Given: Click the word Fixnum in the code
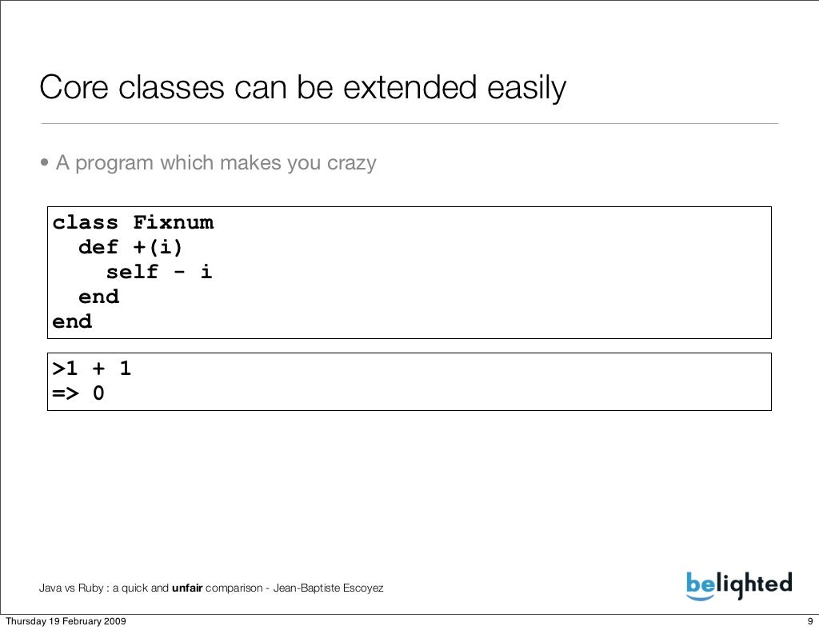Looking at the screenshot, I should click(x=173, y=222).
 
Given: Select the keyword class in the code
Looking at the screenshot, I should click(x=86, y=222).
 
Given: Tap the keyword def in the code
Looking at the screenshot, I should click(x=98, y=247).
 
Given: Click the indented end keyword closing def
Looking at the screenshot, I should click(x=98, y=297).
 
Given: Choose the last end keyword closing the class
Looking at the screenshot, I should click(x=72, y=321).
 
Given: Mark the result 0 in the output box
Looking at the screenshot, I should click(x=98, y=394).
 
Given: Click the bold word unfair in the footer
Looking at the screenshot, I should click(x=187, y=589).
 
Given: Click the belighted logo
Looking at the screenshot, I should click(x=738, y=584).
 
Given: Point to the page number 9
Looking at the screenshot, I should click(x=809, y=622).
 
